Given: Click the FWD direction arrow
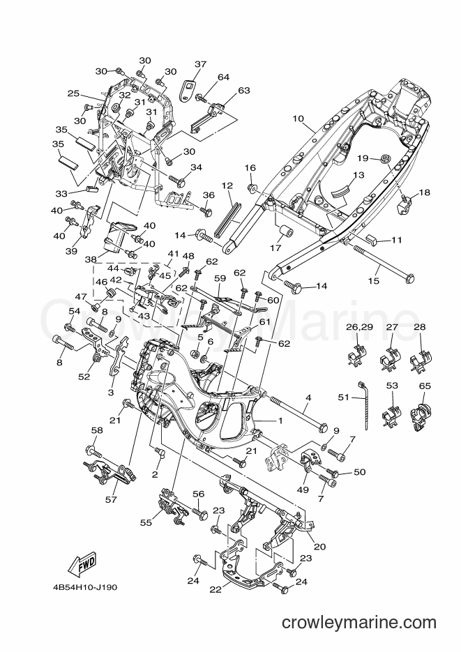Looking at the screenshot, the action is (x=82, y=565).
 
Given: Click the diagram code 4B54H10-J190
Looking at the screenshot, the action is (x=85, y=588).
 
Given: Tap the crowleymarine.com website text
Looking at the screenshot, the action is (x=358, y=623).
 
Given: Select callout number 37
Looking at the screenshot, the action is (x=200, y=64).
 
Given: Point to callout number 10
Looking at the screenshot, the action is (x=298, y=119).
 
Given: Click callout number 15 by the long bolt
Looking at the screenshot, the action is (x=374, y=281).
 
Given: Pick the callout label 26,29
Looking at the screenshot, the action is (x=360, y=327).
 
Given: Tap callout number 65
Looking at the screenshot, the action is (x=425, y=386).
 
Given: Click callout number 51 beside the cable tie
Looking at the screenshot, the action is (x=343, y=397).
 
